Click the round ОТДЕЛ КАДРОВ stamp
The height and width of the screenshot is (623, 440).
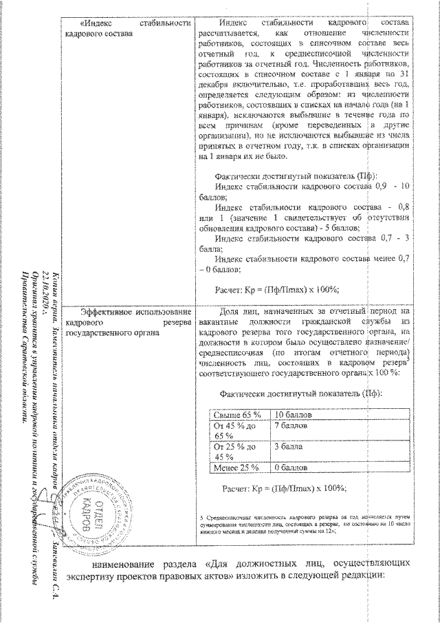pos(80,516)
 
